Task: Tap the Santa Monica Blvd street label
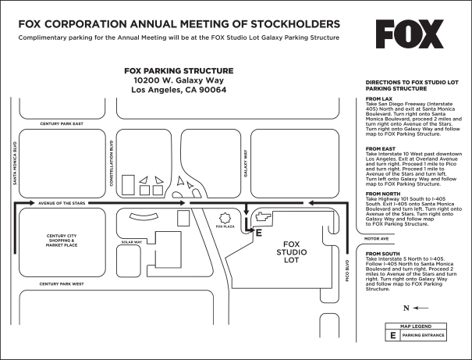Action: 14,162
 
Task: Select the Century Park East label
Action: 62,123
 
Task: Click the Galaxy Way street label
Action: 246,163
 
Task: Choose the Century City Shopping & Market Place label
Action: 62,240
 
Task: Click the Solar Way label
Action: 131,241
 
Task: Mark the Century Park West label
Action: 62,283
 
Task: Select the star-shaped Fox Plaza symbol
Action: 225,218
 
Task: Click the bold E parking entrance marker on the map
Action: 259,232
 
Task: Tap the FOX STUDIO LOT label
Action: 292,251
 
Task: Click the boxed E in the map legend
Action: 393,335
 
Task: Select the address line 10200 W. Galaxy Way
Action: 179,80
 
